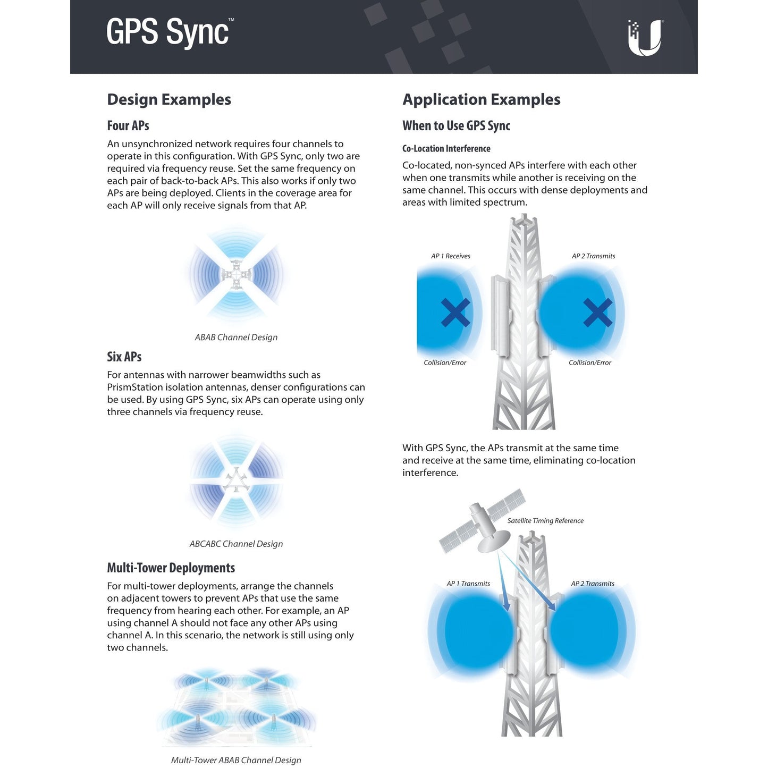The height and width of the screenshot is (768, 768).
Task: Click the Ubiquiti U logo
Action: [645, 38]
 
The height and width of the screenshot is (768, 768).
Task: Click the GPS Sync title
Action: [170, 32]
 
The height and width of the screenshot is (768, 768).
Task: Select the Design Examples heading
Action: [169, 99]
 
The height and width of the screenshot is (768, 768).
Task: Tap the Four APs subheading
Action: [128, 125]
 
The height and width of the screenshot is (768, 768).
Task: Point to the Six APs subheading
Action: [124, 356]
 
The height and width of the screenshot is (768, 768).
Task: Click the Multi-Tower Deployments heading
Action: [171, 568]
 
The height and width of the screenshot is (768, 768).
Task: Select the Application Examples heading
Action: [481, 99]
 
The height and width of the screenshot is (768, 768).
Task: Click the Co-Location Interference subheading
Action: [446, 149]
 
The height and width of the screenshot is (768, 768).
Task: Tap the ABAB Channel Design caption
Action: [236, 337]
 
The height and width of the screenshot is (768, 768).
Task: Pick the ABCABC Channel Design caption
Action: [236, 544]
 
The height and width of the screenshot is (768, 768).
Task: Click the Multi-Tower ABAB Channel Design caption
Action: [236, 760]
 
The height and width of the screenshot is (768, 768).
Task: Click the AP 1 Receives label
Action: [450, 256]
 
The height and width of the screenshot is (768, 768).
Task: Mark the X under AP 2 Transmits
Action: [597, 313]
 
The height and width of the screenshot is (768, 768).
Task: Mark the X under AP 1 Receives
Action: [455, 313]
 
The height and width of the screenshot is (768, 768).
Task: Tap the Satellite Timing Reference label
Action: [545, 520]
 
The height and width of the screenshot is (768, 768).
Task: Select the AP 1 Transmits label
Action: [468, 584]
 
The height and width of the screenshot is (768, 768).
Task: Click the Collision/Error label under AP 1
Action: [445, 362]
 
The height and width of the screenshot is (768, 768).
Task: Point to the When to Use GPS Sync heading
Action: [456, 125]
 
